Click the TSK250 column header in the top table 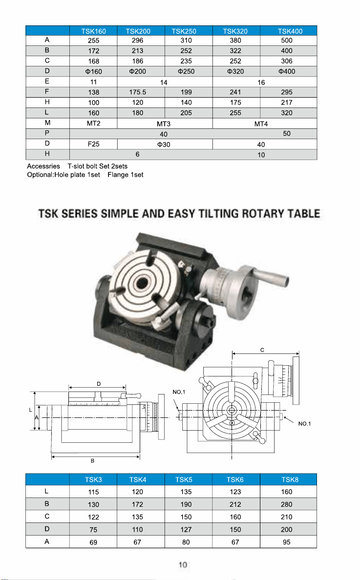[184, 31]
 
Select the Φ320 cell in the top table [235, 71]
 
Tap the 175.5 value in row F [138, 92]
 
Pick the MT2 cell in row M [94, 123]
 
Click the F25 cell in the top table [94, 144]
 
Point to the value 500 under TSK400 [287, 41]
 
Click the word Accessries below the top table [43, 166]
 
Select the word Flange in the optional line [118, 175]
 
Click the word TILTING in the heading [218, 213]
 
